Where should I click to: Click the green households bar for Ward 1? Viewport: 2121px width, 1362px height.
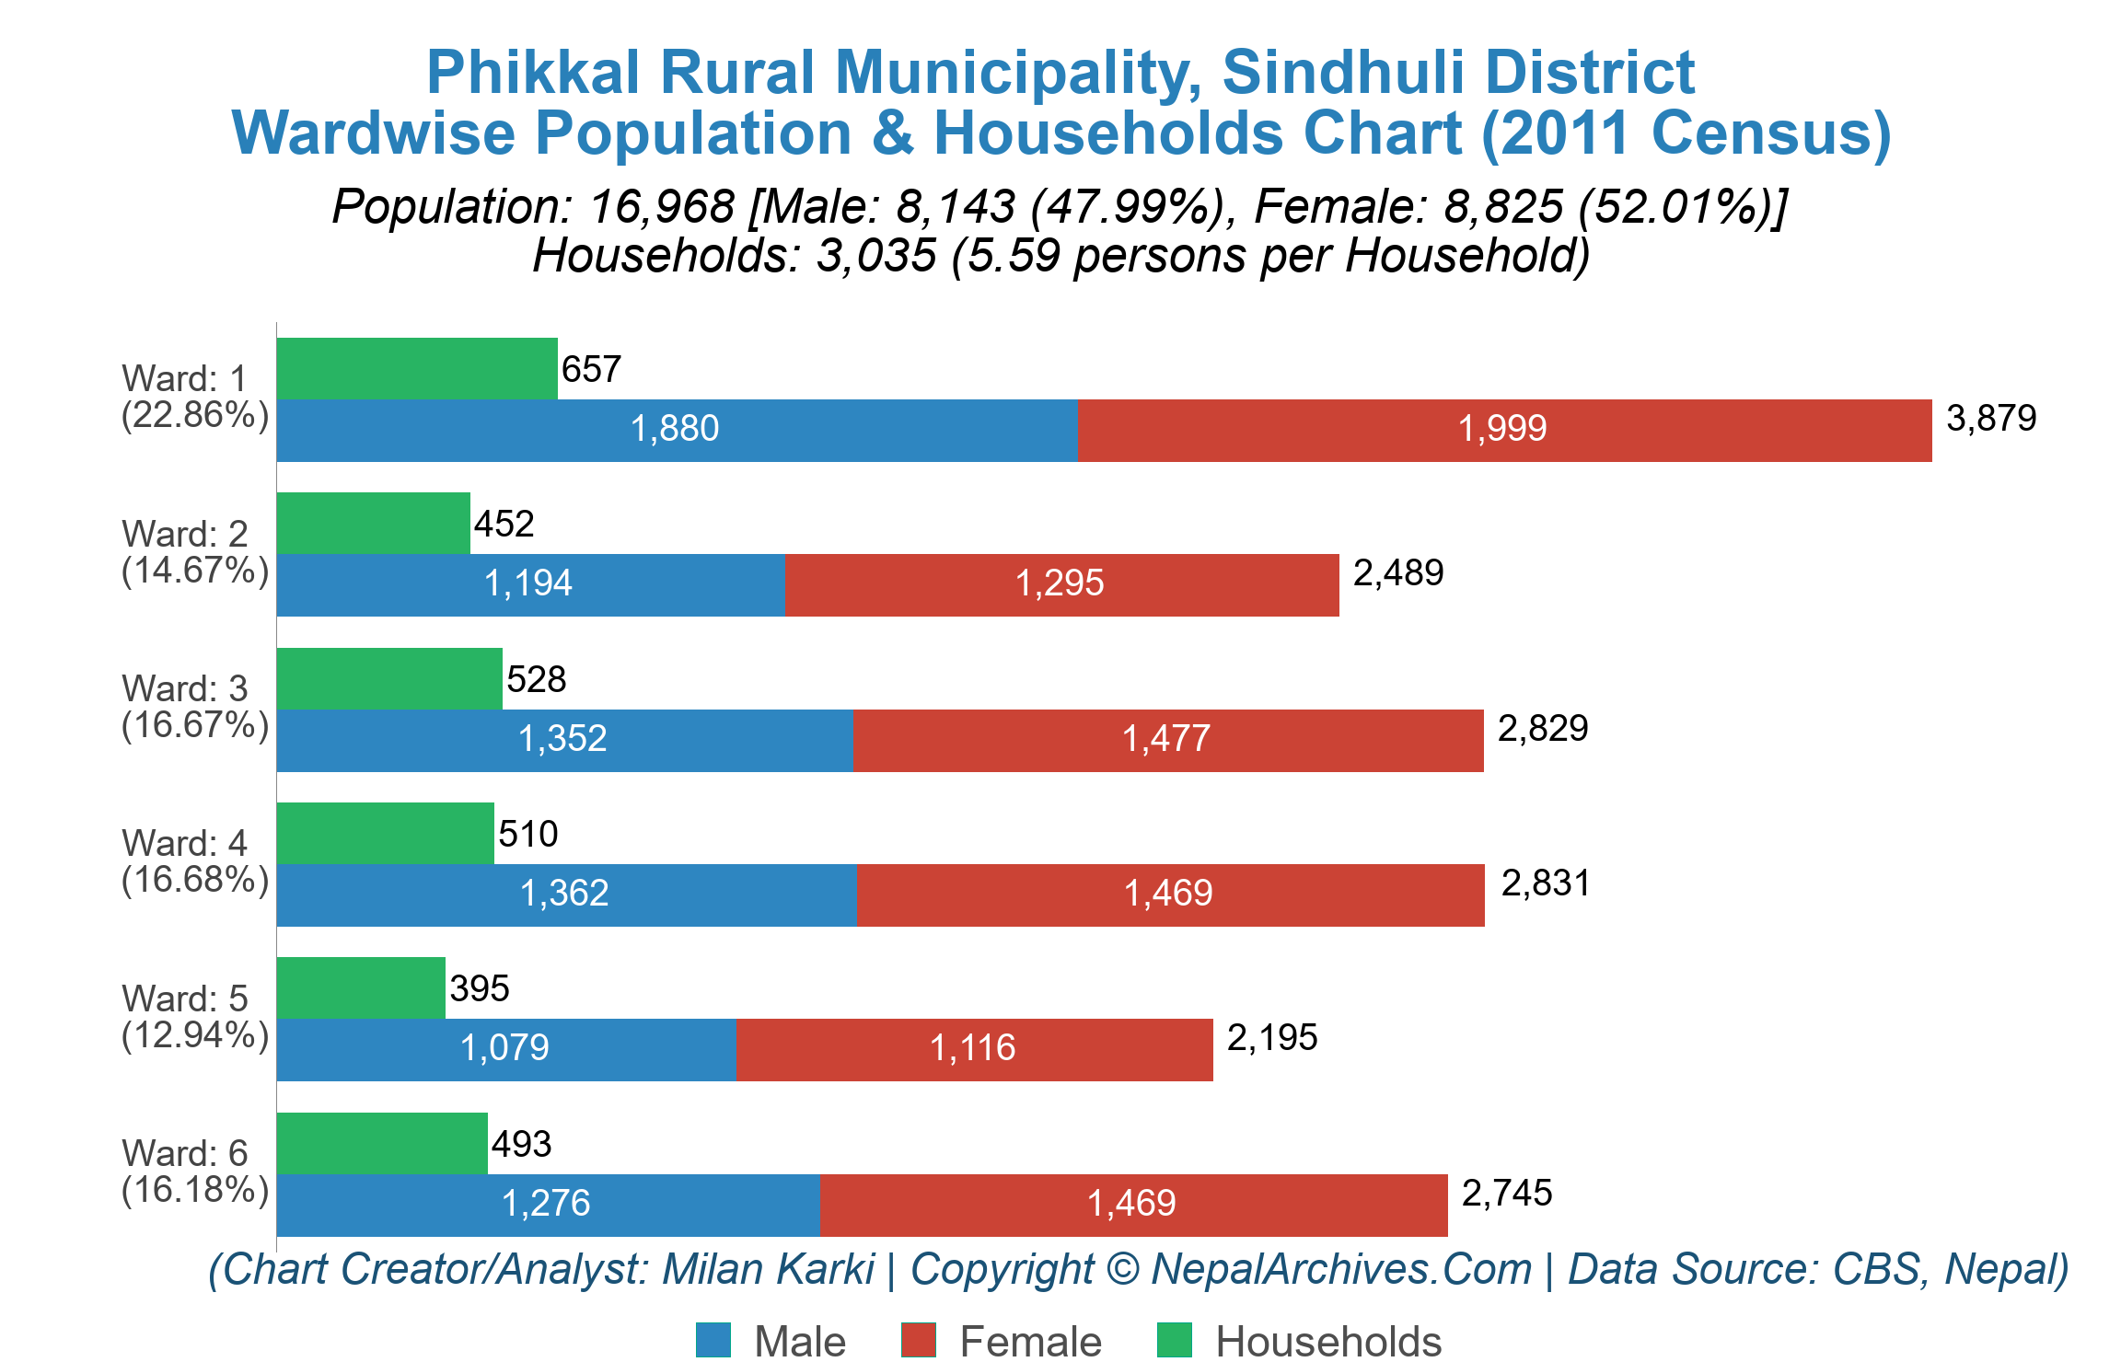417,368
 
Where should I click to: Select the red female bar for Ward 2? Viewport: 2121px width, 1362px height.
1061,585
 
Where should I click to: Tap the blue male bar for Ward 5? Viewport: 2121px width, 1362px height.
505,1050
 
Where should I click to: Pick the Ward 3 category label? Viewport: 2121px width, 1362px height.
194,707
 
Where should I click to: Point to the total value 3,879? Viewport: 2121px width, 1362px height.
1991,419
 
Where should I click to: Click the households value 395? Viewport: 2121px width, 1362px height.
480,989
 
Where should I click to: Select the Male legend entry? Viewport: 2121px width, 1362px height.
771,1341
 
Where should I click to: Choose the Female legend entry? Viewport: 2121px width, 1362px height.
1002,1341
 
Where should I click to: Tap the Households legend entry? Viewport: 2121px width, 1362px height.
1299,1341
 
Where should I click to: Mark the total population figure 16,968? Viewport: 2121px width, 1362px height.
662,207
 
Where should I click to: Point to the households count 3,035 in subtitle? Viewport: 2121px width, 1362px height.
875,256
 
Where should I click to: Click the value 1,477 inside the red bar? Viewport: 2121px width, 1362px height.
1166,739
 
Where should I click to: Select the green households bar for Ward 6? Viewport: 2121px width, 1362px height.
382,1144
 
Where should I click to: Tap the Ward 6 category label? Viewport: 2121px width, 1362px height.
194,1172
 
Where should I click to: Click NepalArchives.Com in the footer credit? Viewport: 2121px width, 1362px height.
1341,1270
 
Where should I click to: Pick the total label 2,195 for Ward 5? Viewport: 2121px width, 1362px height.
1272,1038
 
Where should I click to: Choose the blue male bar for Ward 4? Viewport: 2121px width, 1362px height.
565,895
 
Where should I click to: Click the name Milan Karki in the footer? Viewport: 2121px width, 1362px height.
768,1270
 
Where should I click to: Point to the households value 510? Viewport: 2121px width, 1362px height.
528,835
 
